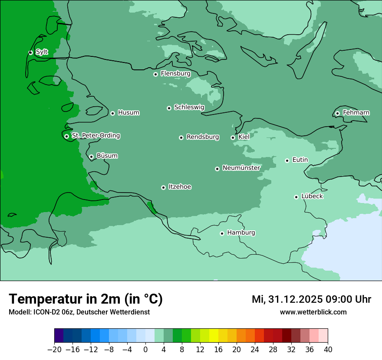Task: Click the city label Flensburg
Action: pyautogui.click(x=175, y=74)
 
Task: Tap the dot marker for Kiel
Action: pyautogui.click(x=233, y=137)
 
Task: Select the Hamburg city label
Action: pyautogui.click(x=241, y=233)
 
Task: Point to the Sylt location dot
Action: pyautogui.click(x=30, y=52)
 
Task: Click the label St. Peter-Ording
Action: pyautogui.click(x=95, y=136)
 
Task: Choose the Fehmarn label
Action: pyautogui.click(x=356, y=113)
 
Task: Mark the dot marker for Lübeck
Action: pyautogui.click(x=296, y=197)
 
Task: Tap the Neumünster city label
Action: pyautogui.click(x=241, y=168)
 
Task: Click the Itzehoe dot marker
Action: pyautogui.click(x=163, y=187)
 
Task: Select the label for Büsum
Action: pyautogui.click(x=107, y=156)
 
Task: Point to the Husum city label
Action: pyautogui.click(x=128, y=113)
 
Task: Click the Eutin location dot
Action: pyautogui.click(x=287, y=160)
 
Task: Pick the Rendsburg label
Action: pyautogui.click(x=203, y=137)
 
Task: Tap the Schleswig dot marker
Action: pyautogui.click(x=169, y=108)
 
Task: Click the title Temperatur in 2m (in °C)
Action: pyautogui.click(x=86, y=299)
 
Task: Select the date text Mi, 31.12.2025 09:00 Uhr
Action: pyautogui.click(x=311, y=299)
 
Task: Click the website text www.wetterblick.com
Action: pyautogui.click(x=313, y=312)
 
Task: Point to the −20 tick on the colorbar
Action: pyautogui.click(x=54, y=350)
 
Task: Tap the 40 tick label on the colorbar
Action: pyautogui.click(x=328, y=350)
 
